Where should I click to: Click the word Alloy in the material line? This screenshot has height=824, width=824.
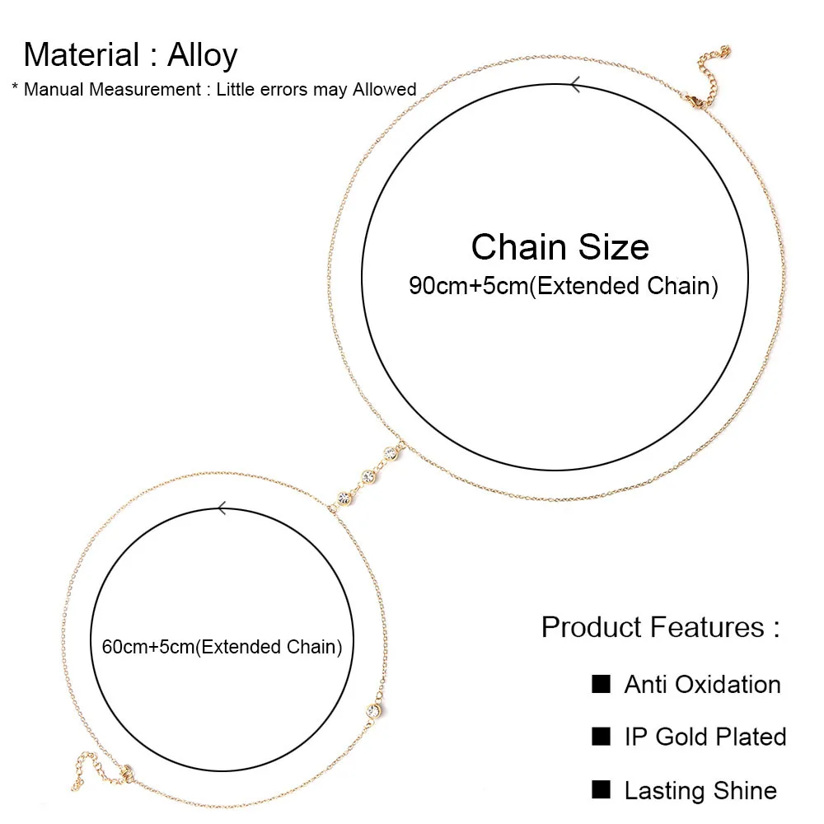[203, 55]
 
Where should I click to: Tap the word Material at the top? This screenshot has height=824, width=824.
[82, 55]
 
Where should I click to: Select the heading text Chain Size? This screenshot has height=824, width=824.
[559, 247]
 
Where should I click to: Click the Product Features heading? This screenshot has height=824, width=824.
[660, 627]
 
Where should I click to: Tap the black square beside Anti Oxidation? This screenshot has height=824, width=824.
[602, 683]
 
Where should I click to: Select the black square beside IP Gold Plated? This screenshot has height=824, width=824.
[602, 736]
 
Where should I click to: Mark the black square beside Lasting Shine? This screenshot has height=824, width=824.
[602, 789]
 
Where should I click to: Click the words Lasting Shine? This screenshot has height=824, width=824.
[700, 791]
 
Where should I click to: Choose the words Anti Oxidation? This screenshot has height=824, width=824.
[702, 685]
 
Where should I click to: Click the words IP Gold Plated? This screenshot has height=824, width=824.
[705, 737]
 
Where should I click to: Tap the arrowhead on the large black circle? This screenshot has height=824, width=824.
[575, 83]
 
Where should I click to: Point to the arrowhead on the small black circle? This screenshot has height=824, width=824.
[221, 508]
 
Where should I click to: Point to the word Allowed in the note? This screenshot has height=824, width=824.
[384, 89]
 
